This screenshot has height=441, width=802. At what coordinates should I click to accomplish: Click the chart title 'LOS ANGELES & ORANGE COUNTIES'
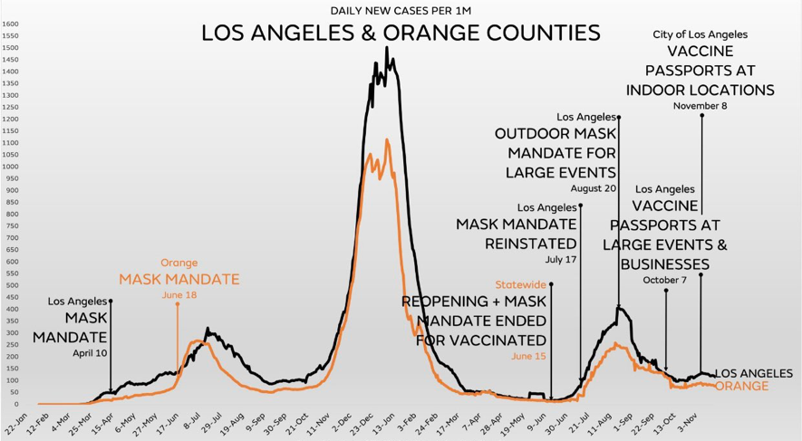click(x=400, y=34)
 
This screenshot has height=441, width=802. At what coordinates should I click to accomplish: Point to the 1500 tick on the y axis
click(x=11, y=36)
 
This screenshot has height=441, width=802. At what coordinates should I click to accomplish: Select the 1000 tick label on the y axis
click(x=11, y=167)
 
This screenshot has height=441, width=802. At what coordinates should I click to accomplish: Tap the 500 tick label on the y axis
click(x=11, y=285)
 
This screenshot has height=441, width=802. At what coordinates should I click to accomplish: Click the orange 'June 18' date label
click(x=179, y=295)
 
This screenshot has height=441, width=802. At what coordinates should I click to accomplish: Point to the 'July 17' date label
click(x=560, y=259)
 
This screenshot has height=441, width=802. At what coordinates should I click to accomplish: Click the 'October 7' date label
click(x=665, y=280)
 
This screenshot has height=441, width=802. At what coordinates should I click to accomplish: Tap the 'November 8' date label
click(x=700, y=106)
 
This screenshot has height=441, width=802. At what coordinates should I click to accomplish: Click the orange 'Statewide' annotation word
click(x=520, y=284)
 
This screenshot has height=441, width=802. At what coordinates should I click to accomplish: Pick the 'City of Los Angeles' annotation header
click(x=700, y=34)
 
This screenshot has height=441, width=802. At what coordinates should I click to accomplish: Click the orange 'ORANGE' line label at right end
click(x=741, y=387)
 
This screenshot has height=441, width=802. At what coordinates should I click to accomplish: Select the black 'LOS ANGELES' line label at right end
click(x=754, y=373)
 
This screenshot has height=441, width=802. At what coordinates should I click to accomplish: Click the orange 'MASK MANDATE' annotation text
click(x=179, y=279)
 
